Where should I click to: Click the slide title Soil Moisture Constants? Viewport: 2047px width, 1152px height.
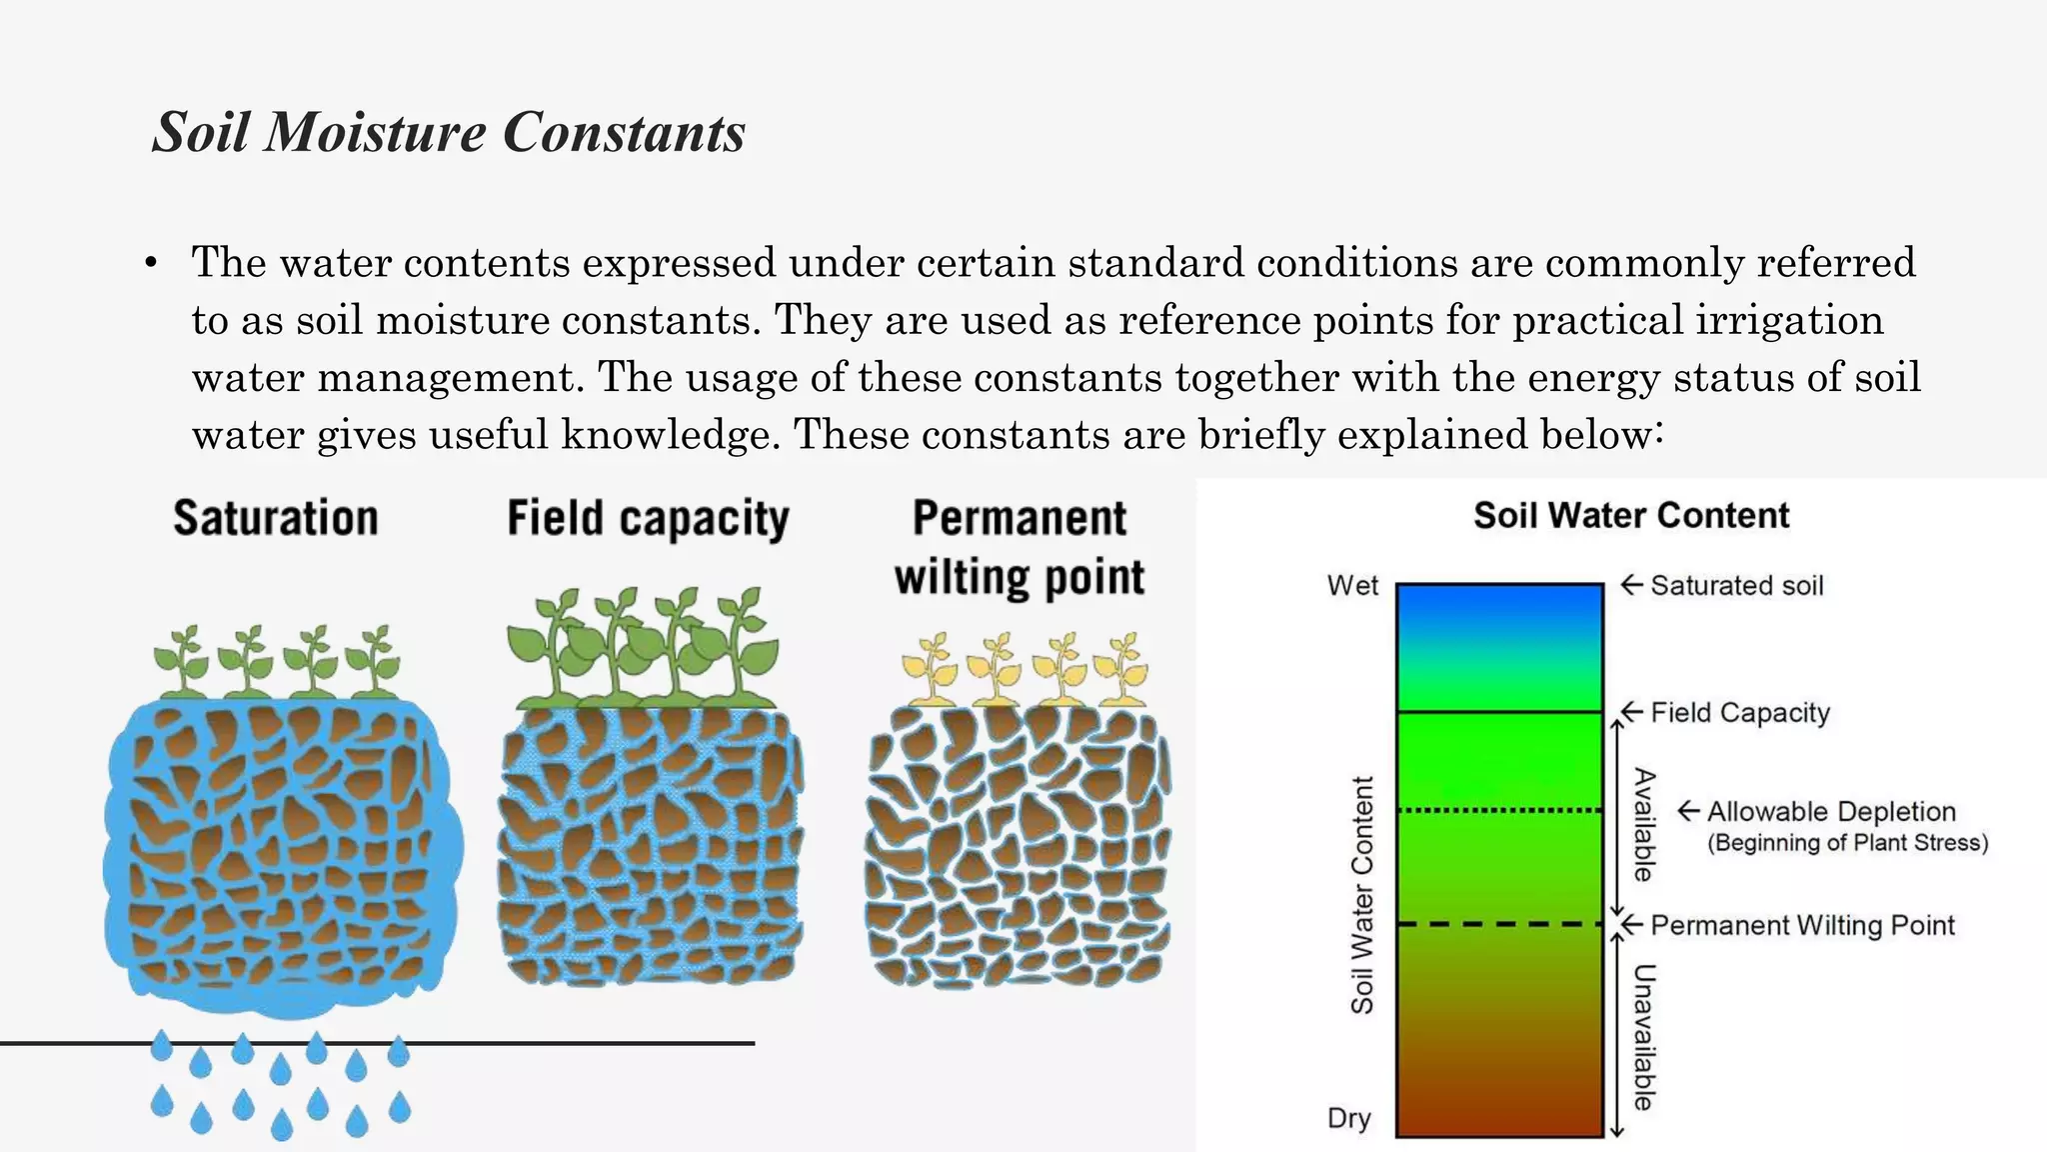tap(449, 132)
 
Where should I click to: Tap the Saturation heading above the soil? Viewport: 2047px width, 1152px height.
tap(276, 518)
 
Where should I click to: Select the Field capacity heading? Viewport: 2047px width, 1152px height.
tap(648, 519)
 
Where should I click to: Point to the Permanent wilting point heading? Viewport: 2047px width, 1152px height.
tap(1020, 548)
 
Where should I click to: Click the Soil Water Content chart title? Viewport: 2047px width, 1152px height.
tap(1631, 515)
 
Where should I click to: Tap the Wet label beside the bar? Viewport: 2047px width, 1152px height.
tap(1352, 585)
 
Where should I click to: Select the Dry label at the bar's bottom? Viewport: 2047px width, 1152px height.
tap(1348, 1118)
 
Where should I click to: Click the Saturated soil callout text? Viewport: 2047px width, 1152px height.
tap(1736, 585)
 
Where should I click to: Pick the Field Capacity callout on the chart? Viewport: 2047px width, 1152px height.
tap(1740, 712)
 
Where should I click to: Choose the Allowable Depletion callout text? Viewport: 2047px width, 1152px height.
tap(1831, 811)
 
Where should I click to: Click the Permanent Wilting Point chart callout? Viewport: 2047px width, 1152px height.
tap(1802, 925)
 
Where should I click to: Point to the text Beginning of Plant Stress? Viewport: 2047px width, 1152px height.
tap(1847, 843)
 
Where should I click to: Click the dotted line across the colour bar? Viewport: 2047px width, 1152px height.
tap(1499, 810)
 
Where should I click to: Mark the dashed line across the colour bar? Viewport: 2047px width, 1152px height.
tap(1499, 924)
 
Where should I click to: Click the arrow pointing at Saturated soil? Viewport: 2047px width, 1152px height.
tap(1631, 584)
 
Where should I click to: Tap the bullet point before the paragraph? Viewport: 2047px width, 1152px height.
tap(151, 264)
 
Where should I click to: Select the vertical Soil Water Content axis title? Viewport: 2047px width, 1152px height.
tap(1362, 895)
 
